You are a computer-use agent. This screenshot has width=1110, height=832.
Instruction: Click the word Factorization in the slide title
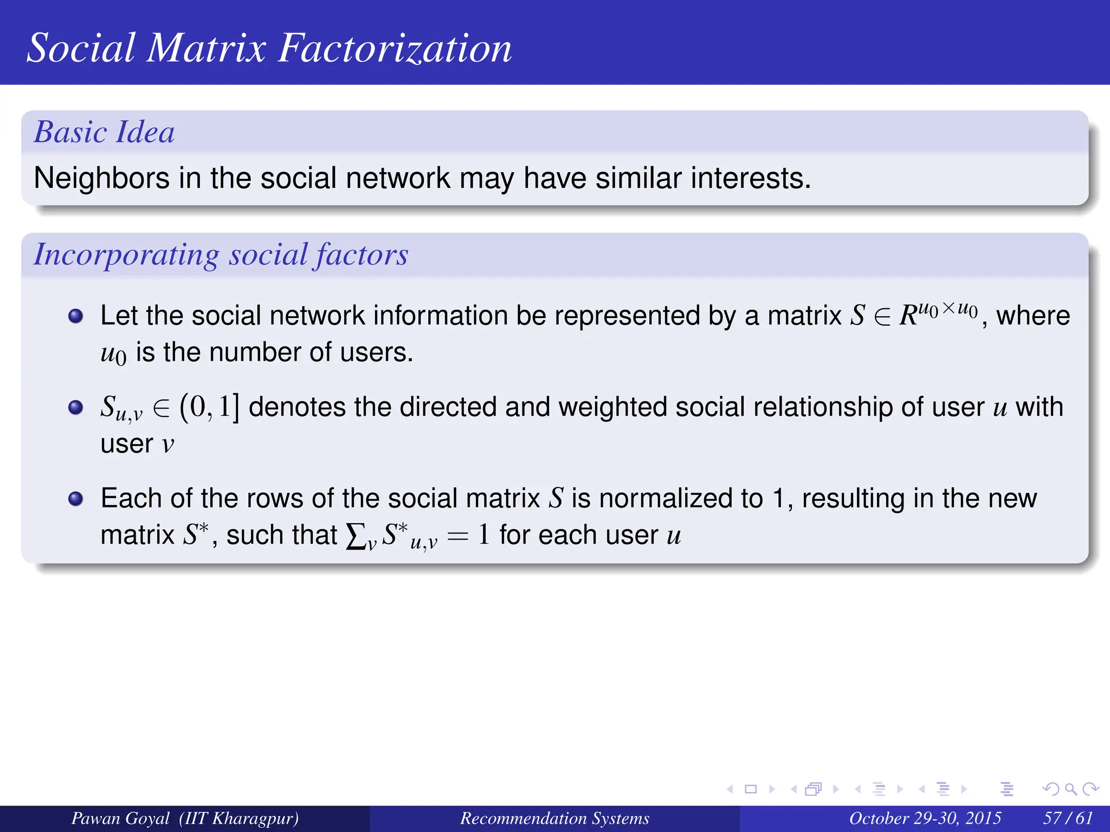tap(395, 48)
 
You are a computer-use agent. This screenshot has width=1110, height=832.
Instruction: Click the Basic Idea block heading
tap(104, 132)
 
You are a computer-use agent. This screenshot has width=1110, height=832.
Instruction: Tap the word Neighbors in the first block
tap(102, 178)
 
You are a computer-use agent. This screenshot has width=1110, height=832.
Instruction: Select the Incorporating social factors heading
tap(221, 254)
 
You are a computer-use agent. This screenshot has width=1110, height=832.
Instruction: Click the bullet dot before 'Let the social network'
tap(76, 316)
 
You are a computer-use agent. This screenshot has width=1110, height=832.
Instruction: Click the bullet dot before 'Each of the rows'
tap(76, 498)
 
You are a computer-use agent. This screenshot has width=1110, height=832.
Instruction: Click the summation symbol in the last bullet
tap(355, 536)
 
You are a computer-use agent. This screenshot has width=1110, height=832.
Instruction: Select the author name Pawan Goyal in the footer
tap(120, 818)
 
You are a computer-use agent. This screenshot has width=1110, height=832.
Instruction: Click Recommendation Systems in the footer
tap(554, 818)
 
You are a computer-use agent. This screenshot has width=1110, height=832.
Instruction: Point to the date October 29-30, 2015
tap(925, 818)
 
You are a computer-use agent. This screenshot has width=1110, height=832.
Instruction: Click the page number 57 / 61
tap(1067, 818)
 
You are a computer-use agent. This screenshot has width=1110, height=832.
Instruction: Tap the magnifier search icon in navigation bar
tap(1070, 789)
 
